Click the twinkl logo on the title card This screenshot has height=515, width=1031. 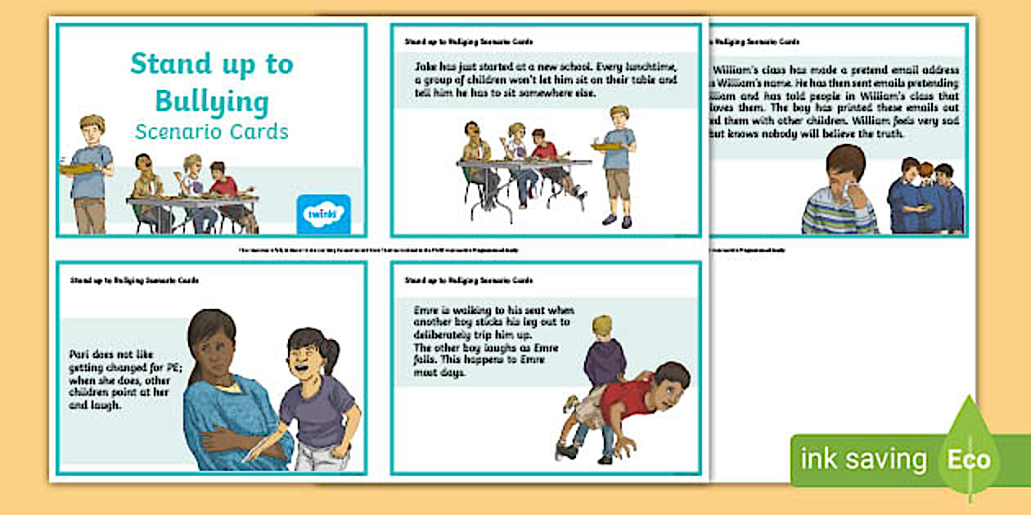coord(323,214)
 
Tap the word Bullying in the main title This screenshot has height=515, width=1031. coord(212,103)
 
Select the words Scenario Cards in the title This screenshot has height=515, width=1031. coord(212,132)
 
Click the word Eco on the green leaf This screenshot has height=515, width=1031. coord(969,459)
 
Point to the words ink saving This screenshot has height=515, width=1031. coord(863,459)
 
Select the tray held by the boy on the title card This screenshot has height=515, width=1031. coord(75,169)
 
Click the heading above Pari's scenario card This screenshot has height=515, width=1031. coord(134,280)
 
